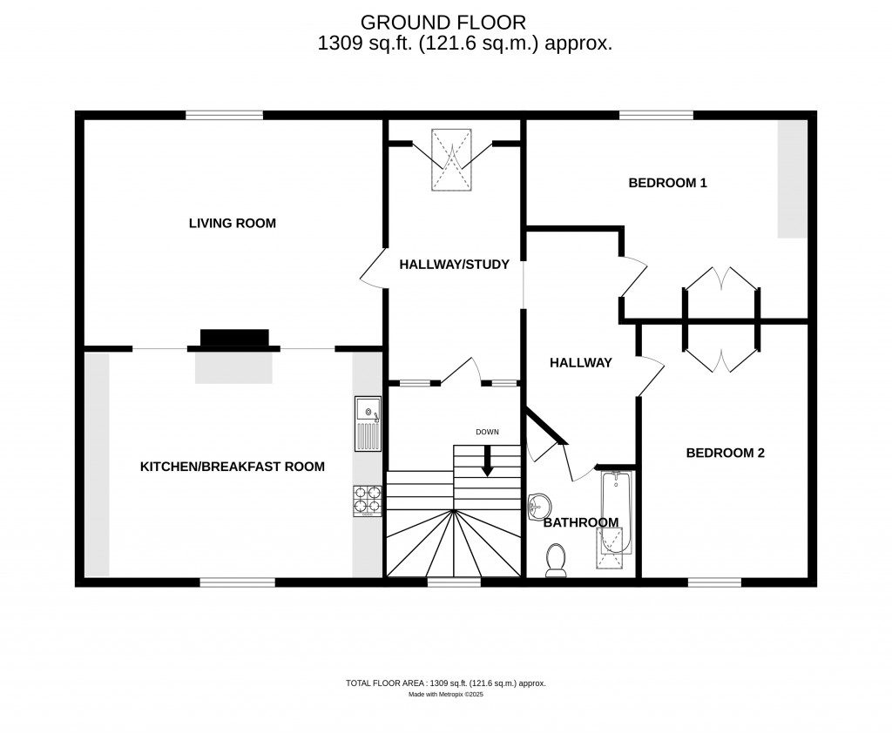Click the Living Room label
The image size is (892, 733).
pyautogui.click(x=232, y=224)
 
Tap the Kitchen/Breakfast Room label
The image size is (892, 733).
pyautogui.click(x=232, y=467)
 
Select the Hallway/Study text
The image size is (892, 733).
pyautogui.click(x=453, y=265)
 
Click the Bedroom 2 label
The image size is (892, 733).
pyautogui.click(x=725, y=453)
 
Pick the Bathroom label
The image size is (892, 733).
pyautogui.click(x=580, y=522)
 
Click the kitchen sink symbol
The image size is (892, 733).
pyautogui.click(x=368, y=423)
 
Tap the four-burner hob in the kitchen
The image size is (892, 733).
pyautogui.click(x=367, y=501)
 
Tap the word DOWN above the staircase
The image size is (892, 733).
pyautogui.click(x=487, y=433)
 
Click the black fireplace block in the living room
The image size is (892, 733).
pyautogui.click(x=234, y=338)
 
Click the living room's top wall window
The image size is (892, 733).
pyautogui.click(x=224, y=115)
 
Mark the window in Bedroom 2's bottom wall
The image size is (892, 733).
pyautogui.click(x=714, y=582)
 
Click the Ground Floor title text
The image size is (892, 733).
pyautogui.click(x=443, y=21)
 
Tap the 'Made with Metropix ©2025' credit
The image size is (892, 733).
pyautogui.click(x=445, y=695)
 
